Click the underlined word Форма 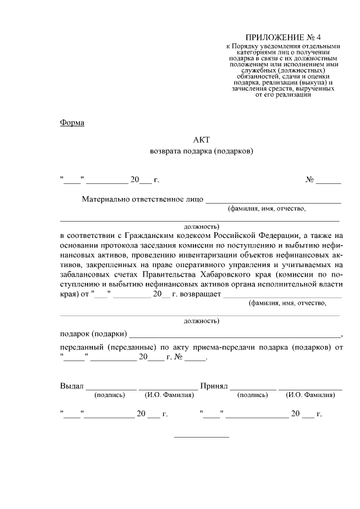coord(72,123)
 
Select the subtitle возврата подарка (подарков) coord(201,151)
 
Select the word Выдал coord(71,386)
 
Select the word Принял coord(214,386)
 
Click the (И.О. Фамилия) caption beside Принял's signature coord(310,395)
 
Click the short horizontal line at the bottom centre coord(201,437)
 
